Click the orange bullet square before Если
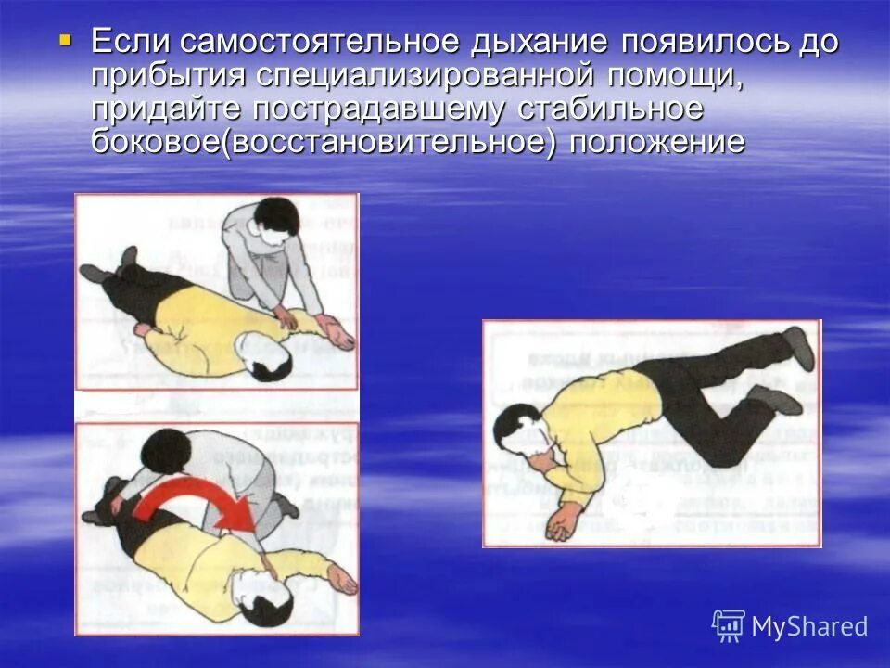(x=64, y=40)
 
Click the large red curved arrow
(x=199, y=507)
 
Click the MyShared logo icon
(x=729, y=625)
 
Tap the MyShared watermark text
(x=809, y=626)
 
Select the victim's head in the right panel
(x=515, y=432)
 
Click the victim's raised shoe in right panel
(x=798, y=346)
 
